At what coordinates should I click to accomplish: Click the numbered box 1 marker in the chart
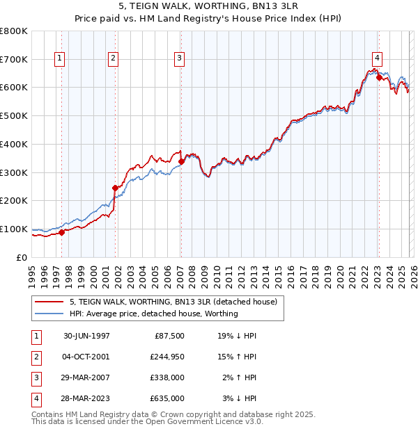pyautogui.click(x=59, y=59)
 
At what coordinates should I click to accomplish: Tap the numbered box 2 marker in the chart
pyautogui.click(x=113, y=59)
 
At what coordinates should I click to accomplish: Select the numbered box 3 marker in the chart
pyautogui.click(x=179, y=59)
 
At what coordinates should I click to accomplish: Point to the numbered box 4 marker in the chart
pyautogui.click(x=376, y=59)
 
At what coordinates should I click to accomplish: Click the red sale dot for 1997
pyautogui.click(x=62, y=232)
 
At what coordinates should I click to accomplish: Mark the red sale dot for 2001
pyautogui.click(x=116, y=187)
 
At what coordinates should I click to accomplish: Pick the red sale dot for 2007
pyautogui.click(x=182, y=161)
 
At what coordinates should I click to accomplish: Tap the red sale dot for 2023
pyautogui.click(x=379, y=78)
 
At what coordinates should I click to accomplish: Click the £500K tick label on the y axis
pyautogui.click(x=14, y=115)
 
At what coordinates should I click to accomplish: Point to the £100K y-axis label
pyautogui.click(x=14, y=229)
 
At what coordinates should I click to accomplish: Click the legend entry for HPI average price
pyautogui.click(x=153, y=314)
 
